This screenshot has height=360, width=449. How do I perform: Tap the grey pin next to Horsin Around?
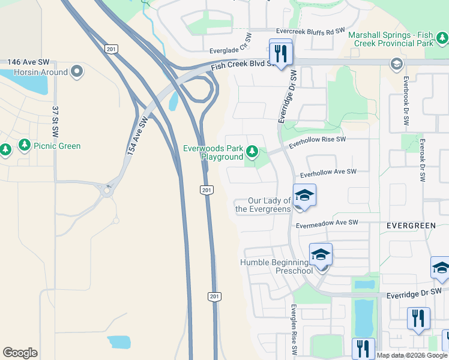pyautogui.click(x=77, y=72)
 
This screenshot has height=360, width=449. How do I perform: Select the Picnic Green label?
pyautogui.click(x=58, y=146)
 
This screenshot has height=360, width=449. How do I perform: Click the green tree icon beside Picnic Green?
pyautogui.click(x=24, y=145)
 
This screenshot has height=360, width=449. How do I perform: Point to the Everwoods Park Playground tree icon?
pyautogui.click(x=253, y=150)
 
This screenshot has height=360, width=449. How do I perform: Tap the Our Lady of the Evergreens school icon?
pyautogui.click(x=304, y=196)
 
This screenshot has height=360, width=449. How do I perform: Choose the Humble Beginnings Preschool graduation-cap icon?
pyautogui.click(x=321, y=255)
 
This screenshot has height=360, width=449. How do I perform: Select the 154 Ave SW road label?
pyautogui.click(x=137, y=137)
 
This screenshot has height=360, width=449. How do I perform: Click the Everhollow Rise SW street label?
pyautogui.click(x=318, y=142)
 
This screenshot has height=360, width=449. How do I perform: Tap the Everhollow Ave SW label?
pyautogui.click(x=329, y=173)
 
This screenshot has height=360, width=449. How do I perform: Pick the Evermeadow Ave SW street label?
pyautogui.click(x=327, y=223)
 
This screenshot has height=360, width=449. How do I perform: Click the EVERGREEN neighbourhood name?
pyautogui.click(x=411, y=225)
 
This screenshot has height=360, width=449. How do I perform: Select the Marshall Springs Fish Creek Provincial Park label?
pyautogui.click(x=399, y=40)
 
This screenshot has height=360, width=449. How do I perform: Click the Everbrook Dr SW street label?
pyautogui.click(x=406, y=100)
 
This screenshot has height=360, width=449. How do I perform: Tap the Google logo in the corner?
pyautogui.click(x=20, y=353)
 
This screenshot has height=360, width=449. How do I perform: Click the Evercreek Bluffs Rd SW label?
pyautogui.click(x=310, y=31)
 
